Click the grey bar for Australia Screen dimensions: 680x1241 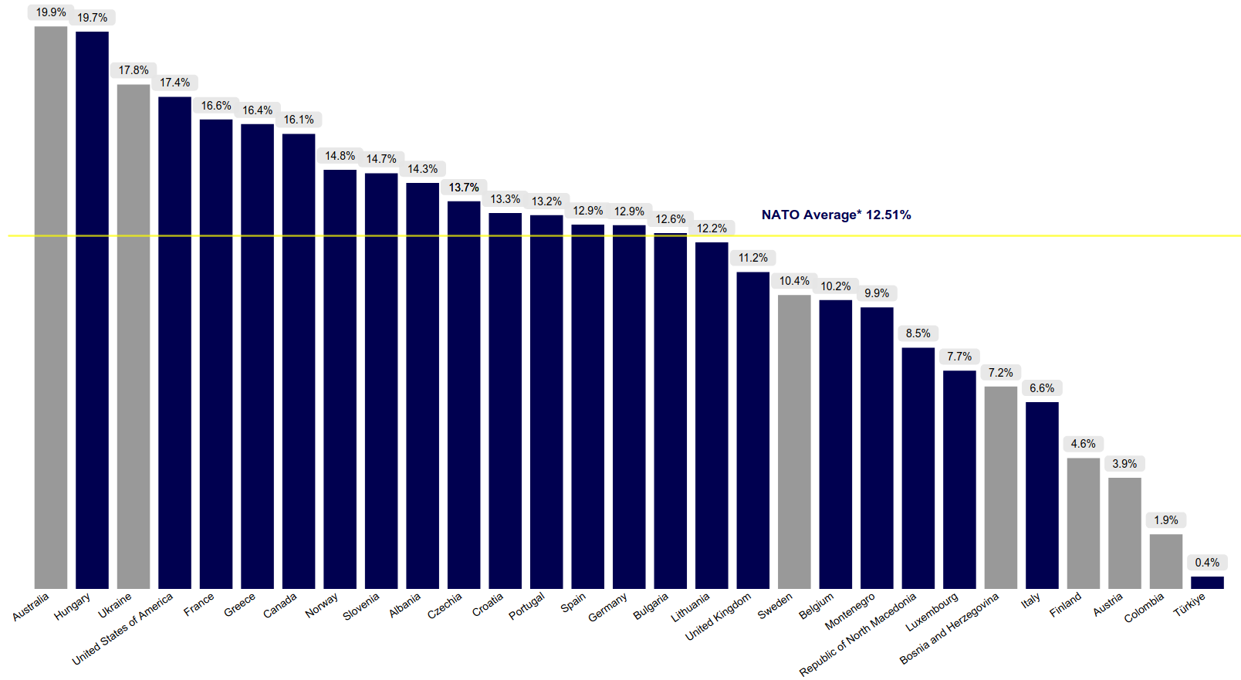point(51,309)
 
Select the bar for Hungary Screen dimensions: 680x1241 point(92,309)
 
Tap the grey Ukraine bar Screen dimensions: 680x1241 point(134,336)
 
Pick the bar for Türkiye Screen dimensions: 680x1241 point(1207,583)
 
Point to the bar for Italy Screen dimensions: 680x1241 point(1042,495)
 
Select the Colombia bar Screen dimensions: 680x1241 point(1166,561)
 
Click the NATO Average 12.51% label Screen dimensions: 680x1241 point(836,215)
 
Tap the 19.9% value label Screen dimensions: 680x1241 point(51,12)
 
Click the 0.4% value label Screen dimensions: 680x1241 point(1207,563)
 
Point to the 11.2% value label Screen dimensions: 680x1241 point(753,258)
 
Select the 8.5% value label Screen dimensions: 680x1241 point(918,333)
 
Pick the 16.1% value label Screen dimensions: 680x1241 point(299,120)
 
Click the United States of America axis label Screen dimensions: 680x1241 point(123,630)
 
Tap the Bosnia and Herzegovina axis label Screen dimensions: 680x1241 point(949,628)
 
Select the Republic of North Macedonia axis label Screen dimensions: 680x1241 point(858,634)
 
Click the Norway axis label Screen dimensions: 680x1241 point(322,605)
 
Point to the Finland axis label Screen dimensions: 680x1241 point(1066,605)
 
